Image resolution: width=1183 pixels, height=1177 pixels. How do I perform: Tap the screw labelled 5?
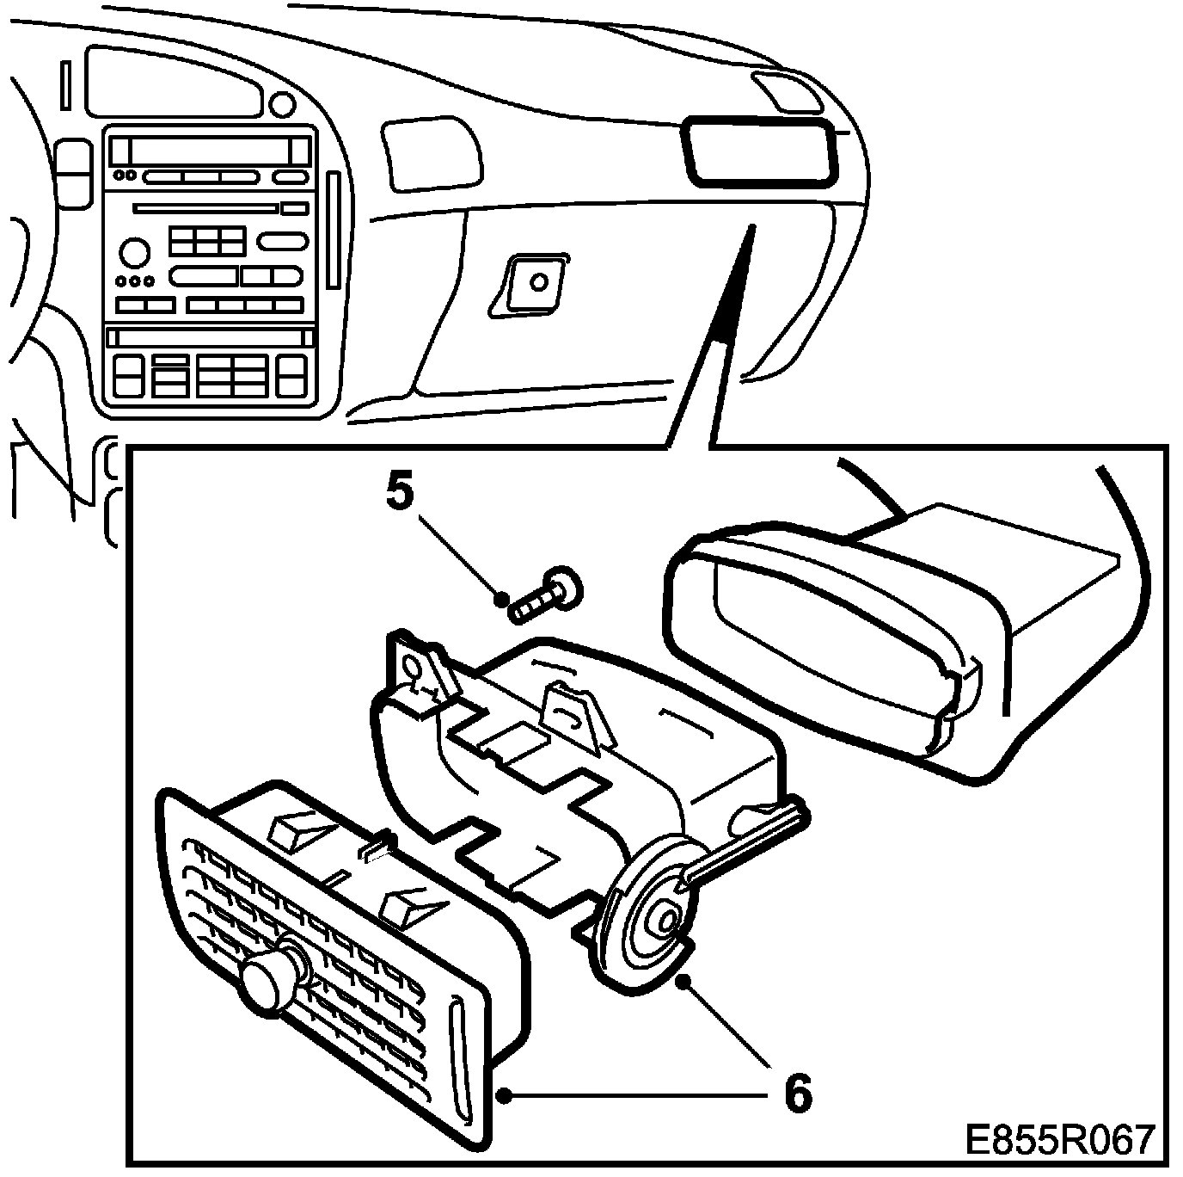[x=545, y=595]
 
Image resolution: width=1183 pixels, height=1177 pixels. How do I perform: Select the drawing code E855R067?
[x=1057, y=1141]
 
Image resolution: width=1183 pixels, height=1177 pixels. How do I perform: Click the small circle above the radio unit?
[x=281, y=105]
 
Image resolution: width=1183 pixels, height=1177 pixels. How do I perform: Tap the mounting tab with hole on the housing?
[x=414, y=670]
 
